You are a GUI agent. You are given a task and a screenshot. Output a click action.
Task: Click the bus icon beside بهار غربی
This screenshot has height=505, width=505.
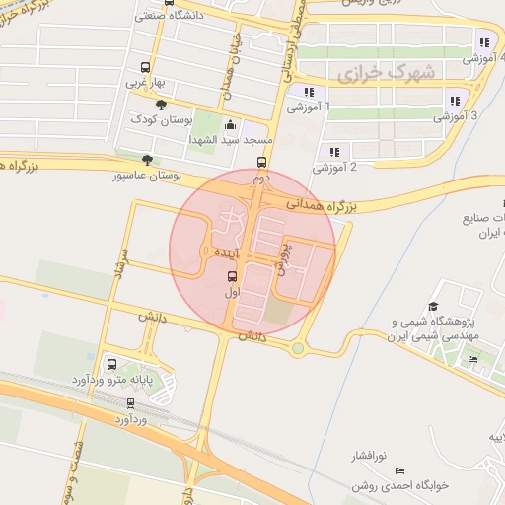tap(146, 68)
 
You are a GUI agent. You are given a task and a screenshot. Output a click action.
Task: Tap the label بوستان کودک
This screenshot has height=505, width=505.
tap(161, 119)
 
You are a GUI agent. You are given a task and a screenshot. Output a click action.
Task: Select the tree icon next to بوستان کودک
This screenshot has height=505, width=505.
tap(162, 105)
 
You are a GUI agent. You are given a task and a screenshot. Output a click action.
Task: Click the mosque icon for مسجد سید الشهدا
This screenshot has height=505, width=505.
tap(231, 125)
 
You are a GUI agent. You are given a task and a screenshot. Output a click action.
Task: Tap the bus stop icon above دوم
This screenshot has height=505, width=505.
tap(261, 163)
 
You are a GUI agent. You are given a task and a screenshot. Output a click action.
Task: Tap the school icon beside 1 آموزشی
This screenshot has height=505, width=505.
tap(308, 92)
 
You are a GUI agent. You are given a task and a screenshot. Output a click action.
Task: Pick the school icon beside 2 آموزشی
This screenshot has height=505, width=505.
tap(334, 152)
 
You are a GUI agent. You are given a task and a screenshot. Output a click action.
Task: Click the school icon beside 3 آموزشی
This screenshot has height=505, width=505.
tap(454, 100)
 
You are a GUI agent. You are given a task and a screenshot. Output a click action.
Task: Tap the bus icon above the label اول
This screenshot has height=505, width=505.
tap(233, 276)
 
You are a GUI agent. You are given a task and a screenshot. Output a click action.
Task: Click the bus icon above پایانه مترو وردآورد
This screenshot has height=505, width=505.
tap(110, 363)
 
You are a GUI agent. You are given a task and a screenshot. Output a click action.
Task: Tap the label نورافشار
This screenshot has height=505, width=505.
tap(371, 458)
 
